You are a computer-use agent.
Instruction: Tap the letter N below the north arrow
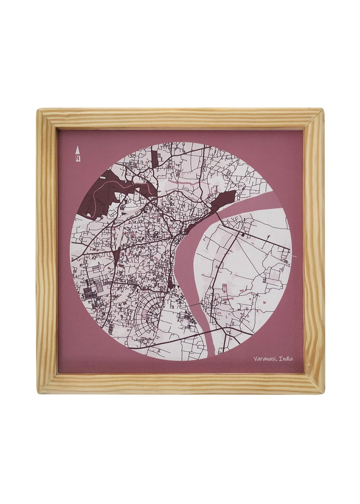pyautogui.click(x=77, y=158)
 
